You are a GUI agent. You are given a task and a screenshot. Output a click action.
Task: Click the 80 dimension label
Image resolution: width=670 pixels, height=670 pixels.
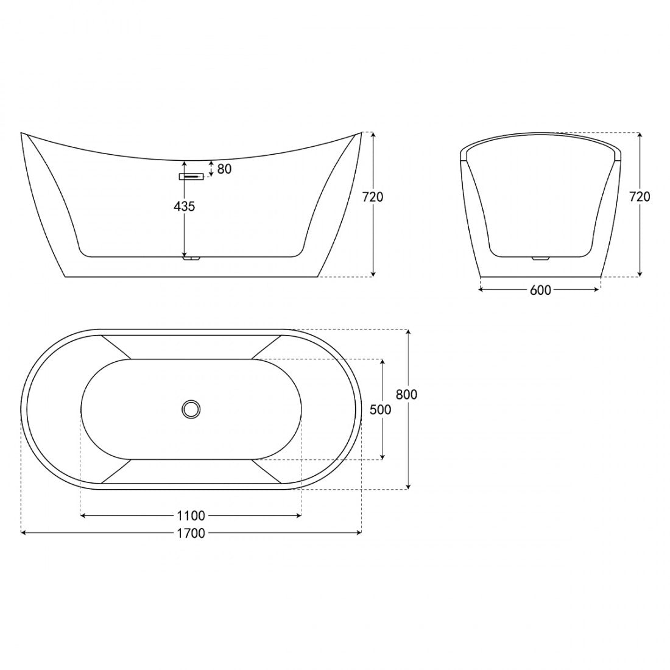(x=224, y=169)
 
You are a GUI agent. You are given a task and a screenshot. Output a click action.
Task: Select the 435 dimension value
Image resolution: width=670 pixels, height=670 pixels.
(x=184, y=207)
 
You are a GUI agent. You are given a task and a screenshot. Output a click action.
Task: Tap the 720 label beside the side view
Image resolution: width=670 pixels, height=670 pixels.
(x=373, y=197)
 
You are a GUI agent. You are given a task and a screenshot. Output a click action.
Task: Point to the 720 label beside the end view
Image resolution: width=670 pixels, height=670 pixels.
(x=640, y=197)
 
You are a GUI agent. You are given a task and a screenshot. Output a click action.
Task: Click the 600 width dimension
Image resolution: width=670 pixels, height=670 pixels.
(x=540, y=291)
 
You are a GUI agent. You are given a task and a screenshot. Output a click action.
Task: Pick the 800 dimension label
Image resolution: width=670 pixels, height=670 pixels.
(x=406, y=395)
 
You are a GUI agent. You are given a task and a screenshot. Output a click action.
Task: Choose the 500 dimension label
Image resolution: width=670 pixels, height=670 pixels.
(x=380, y=410)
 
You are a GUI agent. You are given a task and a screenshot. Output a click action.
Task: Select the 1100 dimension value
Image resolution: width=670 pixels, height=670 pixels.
(x=191, y=516)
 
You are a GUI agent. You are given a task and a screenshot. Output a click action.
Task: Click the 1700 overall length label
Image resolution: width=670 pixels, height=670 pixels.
(x=191, y=534)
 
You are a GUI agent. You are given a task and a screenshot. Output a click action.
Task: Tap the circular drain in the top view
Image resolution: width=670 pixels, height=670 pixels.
(x=191, y=409)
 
